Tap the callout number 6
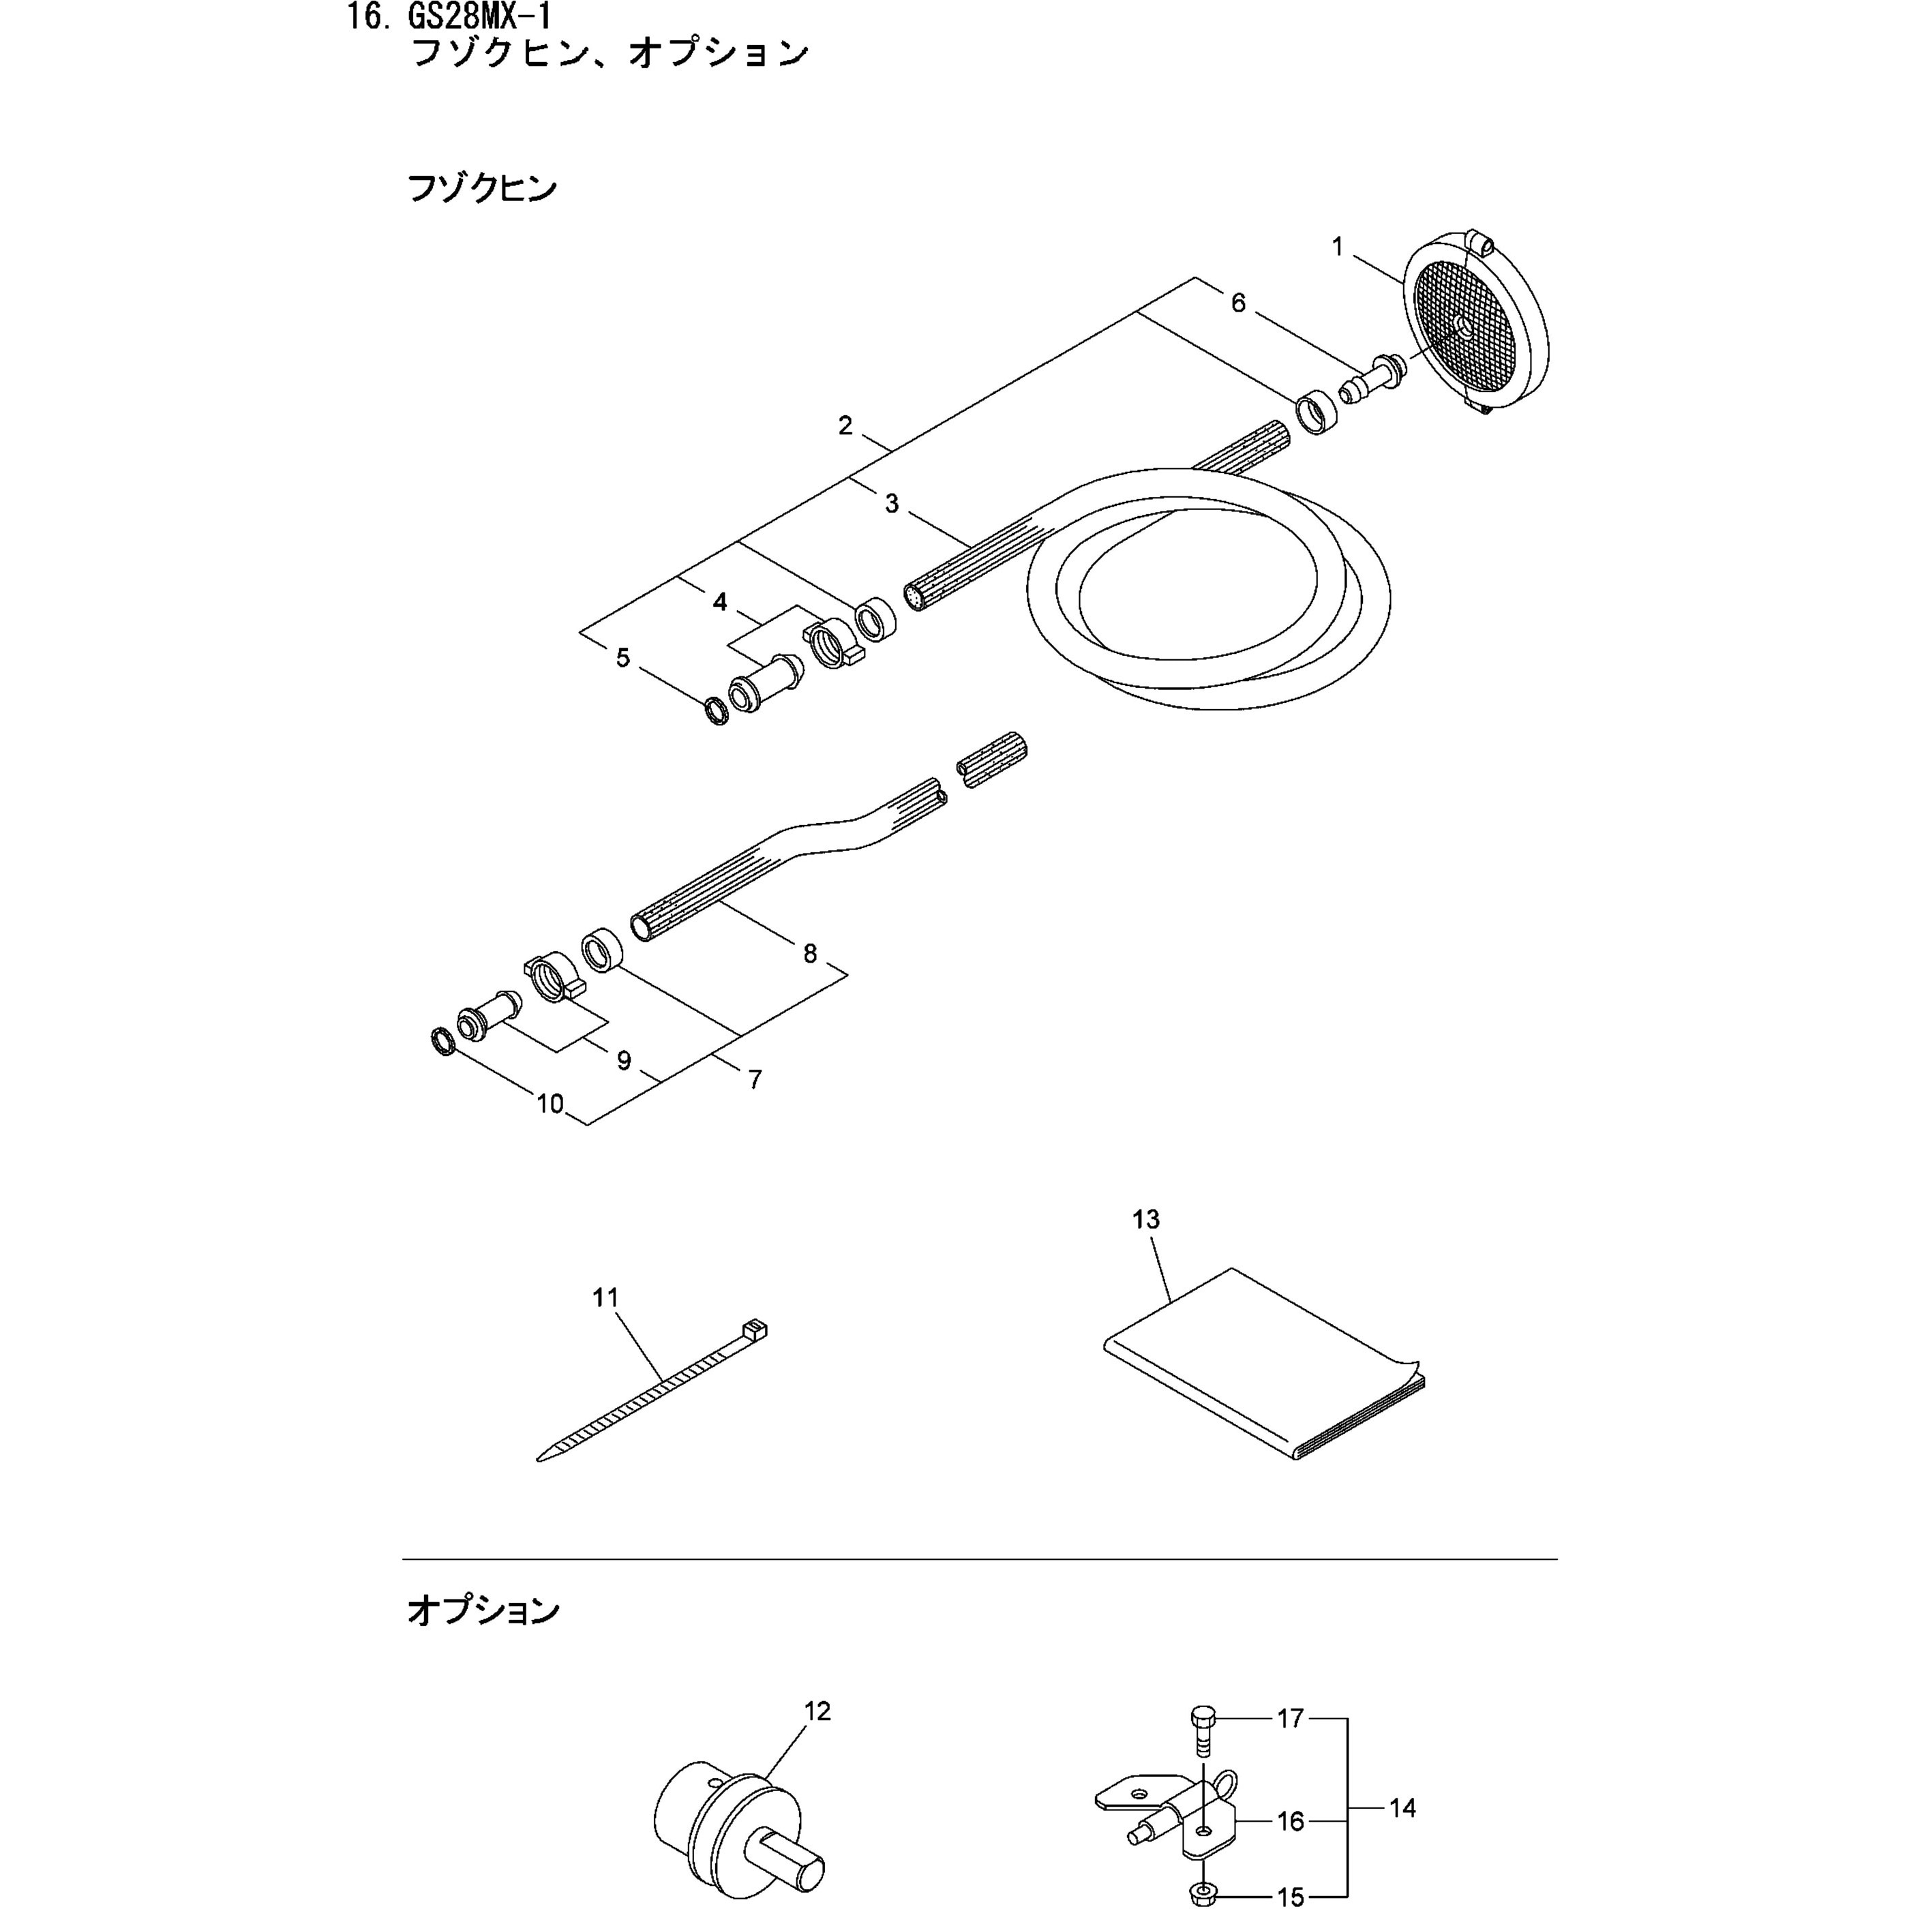[x=1238, y=303]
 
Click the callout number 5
[x=622, y=658]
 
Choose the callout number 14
[x=1402, y=1808]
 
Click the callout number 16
[x=1291, y=1821]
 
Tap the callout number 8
[x=810, y=954]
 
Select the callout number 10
[x=550, y=1104]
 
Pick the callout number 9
[x=623, y=1060]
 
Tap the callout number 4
[x=719, y=602]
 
